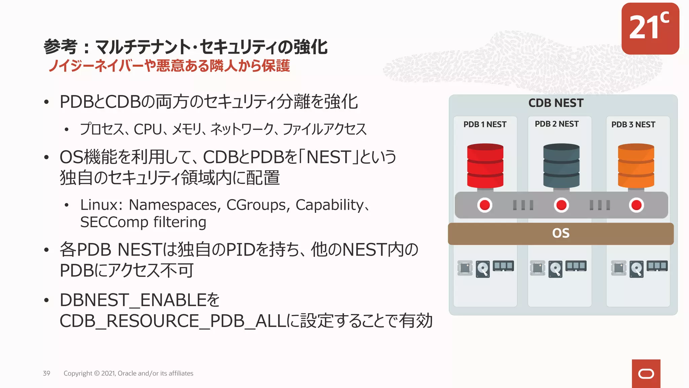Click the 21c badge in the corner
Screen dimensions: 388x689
click(x=650, y=29)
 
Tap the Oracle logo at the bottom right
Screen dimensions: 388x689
click(x=646, y=374)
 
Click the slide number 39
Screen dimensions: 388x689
click(x=46, y=373)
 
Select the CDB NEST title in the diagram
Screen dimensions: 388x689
click(x=556, y=103)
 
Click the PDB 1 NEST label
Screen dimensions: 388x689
click(x=485, y=125)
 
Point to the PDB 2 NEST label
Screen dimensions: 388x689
click(x=557, y=124)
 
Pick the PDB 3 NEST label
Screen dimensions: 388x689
click(x=633, y=125)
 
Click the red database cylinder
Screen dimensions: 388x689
click(x=485, y=165)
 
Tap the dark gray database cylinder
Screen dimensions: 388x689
click(x=561, y=165)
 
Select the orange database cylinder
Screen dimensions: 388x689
click(x=636, y=165)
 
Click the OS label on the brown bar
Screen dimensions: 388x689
click(x=561, y=233)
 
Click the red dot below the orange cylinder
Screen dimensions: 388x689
click(x=636, y=205)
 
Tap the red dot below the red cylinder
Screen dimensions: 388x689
click(x=485, y=205)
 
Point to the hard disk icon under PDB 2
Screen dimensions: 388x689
click(x=555, y=269)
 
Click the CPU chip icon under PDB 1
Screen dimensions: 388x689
click(x=465, y=268)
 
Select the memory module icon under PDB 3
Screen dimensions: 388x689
click(x=657, y=266)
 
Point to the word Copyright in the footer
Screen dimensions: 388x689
click(x=78, y=373)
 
